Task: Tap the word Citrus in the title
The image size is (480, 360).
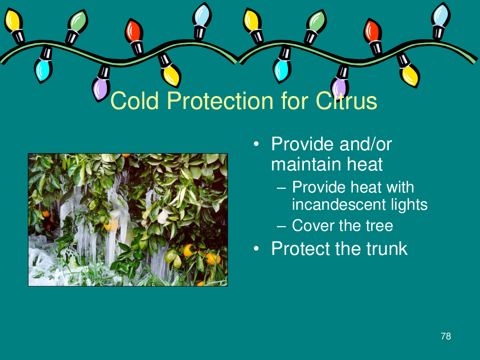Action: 346,100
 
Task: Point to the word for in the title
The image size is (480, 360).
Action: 295,100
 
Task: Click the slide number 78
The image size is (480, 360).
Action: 446,336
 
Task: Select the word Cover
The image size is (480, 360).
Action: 313,226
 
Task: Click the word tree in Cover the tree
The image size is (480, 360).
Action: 379,226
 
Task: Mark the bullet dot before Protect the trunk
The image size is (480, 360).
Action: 256,249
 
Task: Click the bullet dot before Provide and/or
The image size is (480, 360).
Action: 256,144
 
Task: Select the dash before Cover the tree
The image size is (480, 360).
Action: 281,227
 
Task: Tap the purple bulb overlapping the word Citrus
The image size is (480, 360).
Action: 339,83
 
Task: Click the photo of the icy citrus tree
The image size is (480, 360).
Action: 128,220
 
